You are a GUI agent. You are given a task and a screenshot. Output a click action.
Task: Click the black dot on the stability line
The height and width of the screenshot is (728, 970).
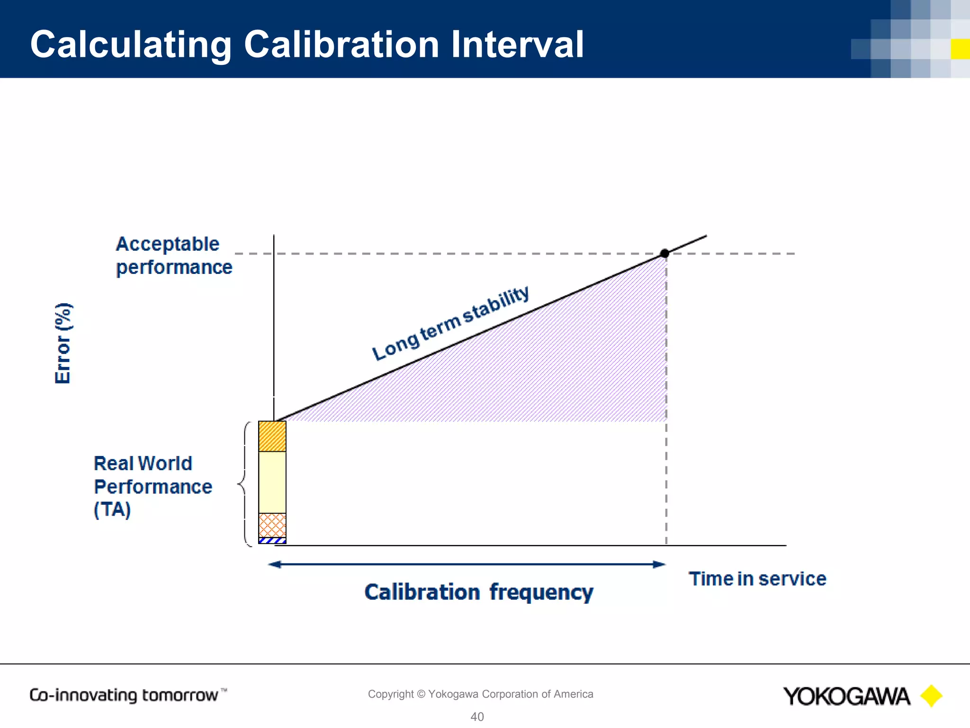point(665,254)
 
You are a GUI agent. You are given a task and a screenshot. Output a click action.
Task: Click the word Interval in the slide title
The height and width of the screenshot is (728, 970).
point(517,45)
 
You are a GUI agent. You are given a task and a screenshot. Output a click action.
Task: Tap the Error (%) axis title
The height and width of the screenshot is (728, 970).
point(63,343)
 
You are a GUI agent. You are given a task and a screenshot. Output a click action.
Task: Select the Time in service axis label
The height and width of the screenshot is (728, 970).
point(757,579)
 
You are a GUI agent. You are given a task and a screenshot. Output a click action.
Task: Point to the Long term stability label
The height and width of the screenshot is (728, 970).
point(450,323)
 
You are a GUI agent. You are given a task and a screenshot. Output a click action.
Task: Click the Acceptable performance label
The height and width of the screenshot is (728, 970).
point(174,255)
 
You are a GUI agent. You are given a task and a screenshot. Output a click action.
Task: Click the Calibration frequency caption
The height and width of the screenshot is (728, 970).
point(478,592)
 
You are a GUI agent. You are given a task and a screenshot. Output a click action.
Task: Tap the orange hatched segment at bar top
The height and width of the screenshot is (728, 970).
point(272,437)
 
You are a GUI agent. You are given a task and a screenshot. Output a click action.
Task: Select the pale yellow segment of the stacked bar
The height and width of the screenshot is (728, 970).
point(272,482)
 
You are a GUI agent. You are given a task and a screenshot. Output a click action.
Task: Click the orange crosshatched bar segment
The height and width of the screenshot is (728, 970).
point(272,525)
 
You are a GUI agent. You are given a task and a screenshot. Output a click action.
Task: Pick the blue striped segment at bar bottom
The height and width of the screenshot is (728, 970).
point(272,540)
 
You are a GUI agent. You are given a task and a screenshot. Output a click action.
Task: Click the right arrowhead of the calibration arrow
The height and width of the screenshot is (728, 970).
point(659,564)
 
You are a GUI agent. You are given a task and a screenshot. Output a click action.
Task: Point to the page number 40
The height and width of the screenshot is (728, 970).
point(477,717)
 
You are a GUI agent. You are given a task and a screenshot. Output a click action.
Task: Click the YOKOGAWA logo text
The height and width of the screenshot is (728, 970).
point(846,696)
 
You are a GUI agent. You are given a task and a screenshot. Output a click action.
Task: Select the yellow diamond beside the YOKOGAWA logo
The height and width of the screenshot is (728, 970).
point(931,696)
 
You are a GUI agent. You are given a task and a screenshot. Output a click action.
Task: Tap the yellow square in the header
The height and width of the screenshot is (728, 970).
point(960,49)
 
